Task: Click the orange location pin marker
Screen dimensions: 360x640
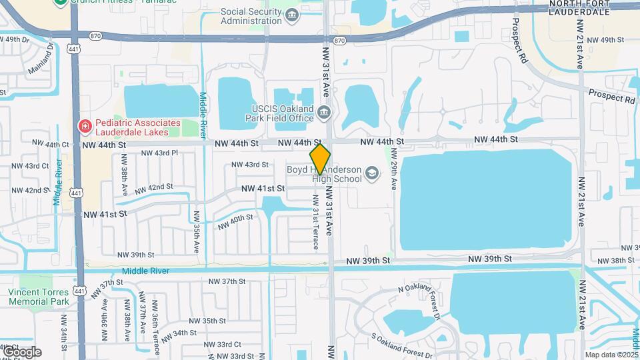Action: point(320,159)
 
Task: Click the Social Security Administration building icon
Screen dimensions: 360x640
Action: point(292,15)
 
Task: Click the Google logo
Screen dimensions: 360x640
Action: point(22,351)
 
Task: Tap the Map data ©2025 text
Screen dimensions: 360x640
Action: point(611,355)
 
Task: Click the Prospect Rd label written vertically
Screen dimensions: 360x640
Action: point(517,37)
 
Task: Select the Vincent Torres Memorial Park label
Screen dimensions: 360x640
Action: point(39,297)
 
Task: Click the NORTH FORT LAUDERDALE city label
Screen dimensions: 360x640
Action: point(579,8)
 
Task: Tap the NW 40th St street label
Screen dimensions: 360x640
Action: point(235,221)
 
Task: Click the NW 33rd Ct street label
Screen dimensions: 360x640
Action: point(223,344)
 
